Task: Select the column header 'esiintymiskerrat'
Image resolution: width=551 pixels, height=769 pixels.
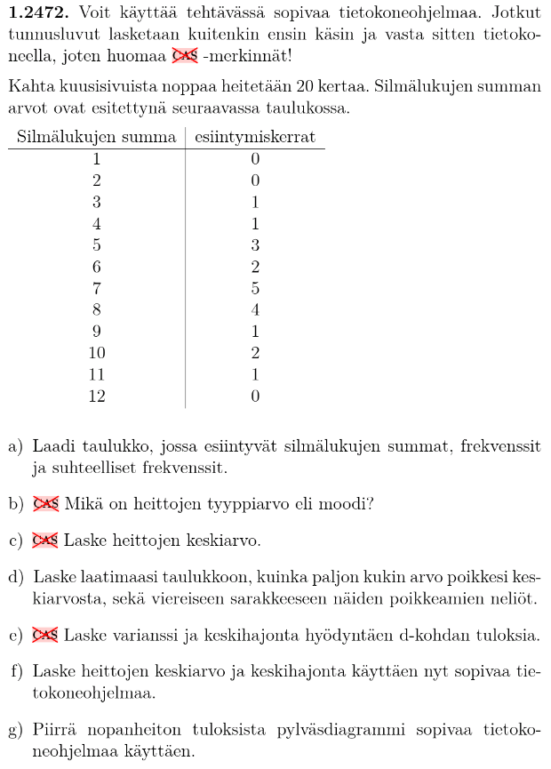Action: [x=255, y=138]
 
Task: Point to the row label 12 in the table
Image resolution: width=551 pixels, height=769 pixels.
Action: [x=96, y=396]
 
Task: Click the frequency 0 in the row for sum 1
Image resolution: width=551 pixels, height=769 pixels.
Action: [x=255, y=160]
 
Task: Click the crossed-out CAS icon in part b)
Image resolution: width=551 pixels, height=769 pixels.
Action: [x=45, y=504]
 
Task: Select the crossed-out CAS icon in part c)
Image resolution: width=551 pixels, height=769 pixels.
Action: [x=45, y=541]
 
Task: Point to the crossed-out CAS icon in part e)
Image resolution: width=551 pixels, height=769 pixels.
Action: [x=45, y=635]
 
